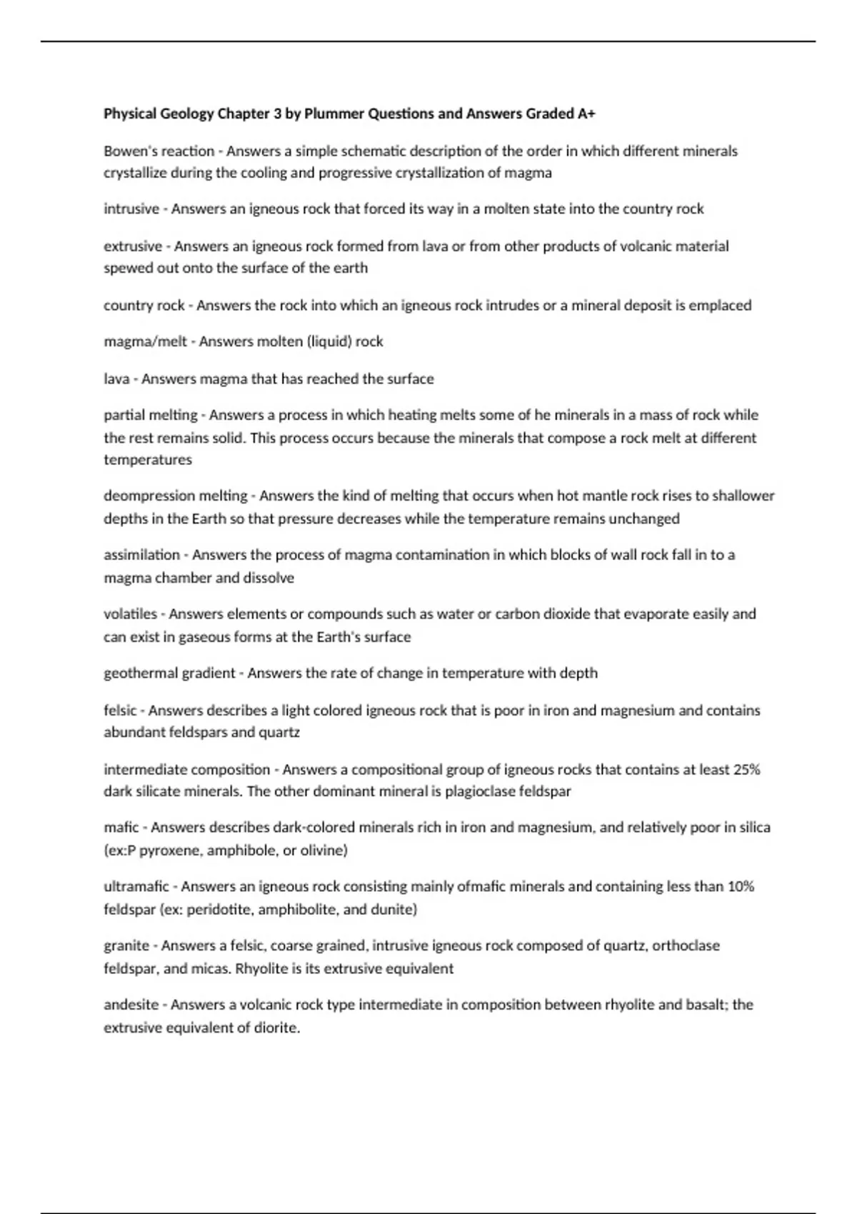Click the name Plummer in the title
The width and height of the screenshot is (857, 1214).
tap(333, 114)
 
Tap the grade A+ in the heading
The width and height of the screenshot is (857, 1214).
tap(586, 114)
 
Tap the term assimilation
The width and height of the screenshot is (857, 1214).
tap(141, 555)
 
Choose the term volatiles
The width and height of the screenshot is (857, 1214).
tap(130, 614)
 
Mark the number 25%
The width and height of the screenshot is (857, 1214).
tap(746, 770)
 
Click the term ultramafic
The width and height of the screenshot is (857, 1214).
tap(136, 887)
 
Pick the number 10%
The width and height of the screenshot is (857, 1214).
tap(741, 887)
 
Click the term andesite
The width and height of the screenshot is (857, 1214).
tap(131, 1005)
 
